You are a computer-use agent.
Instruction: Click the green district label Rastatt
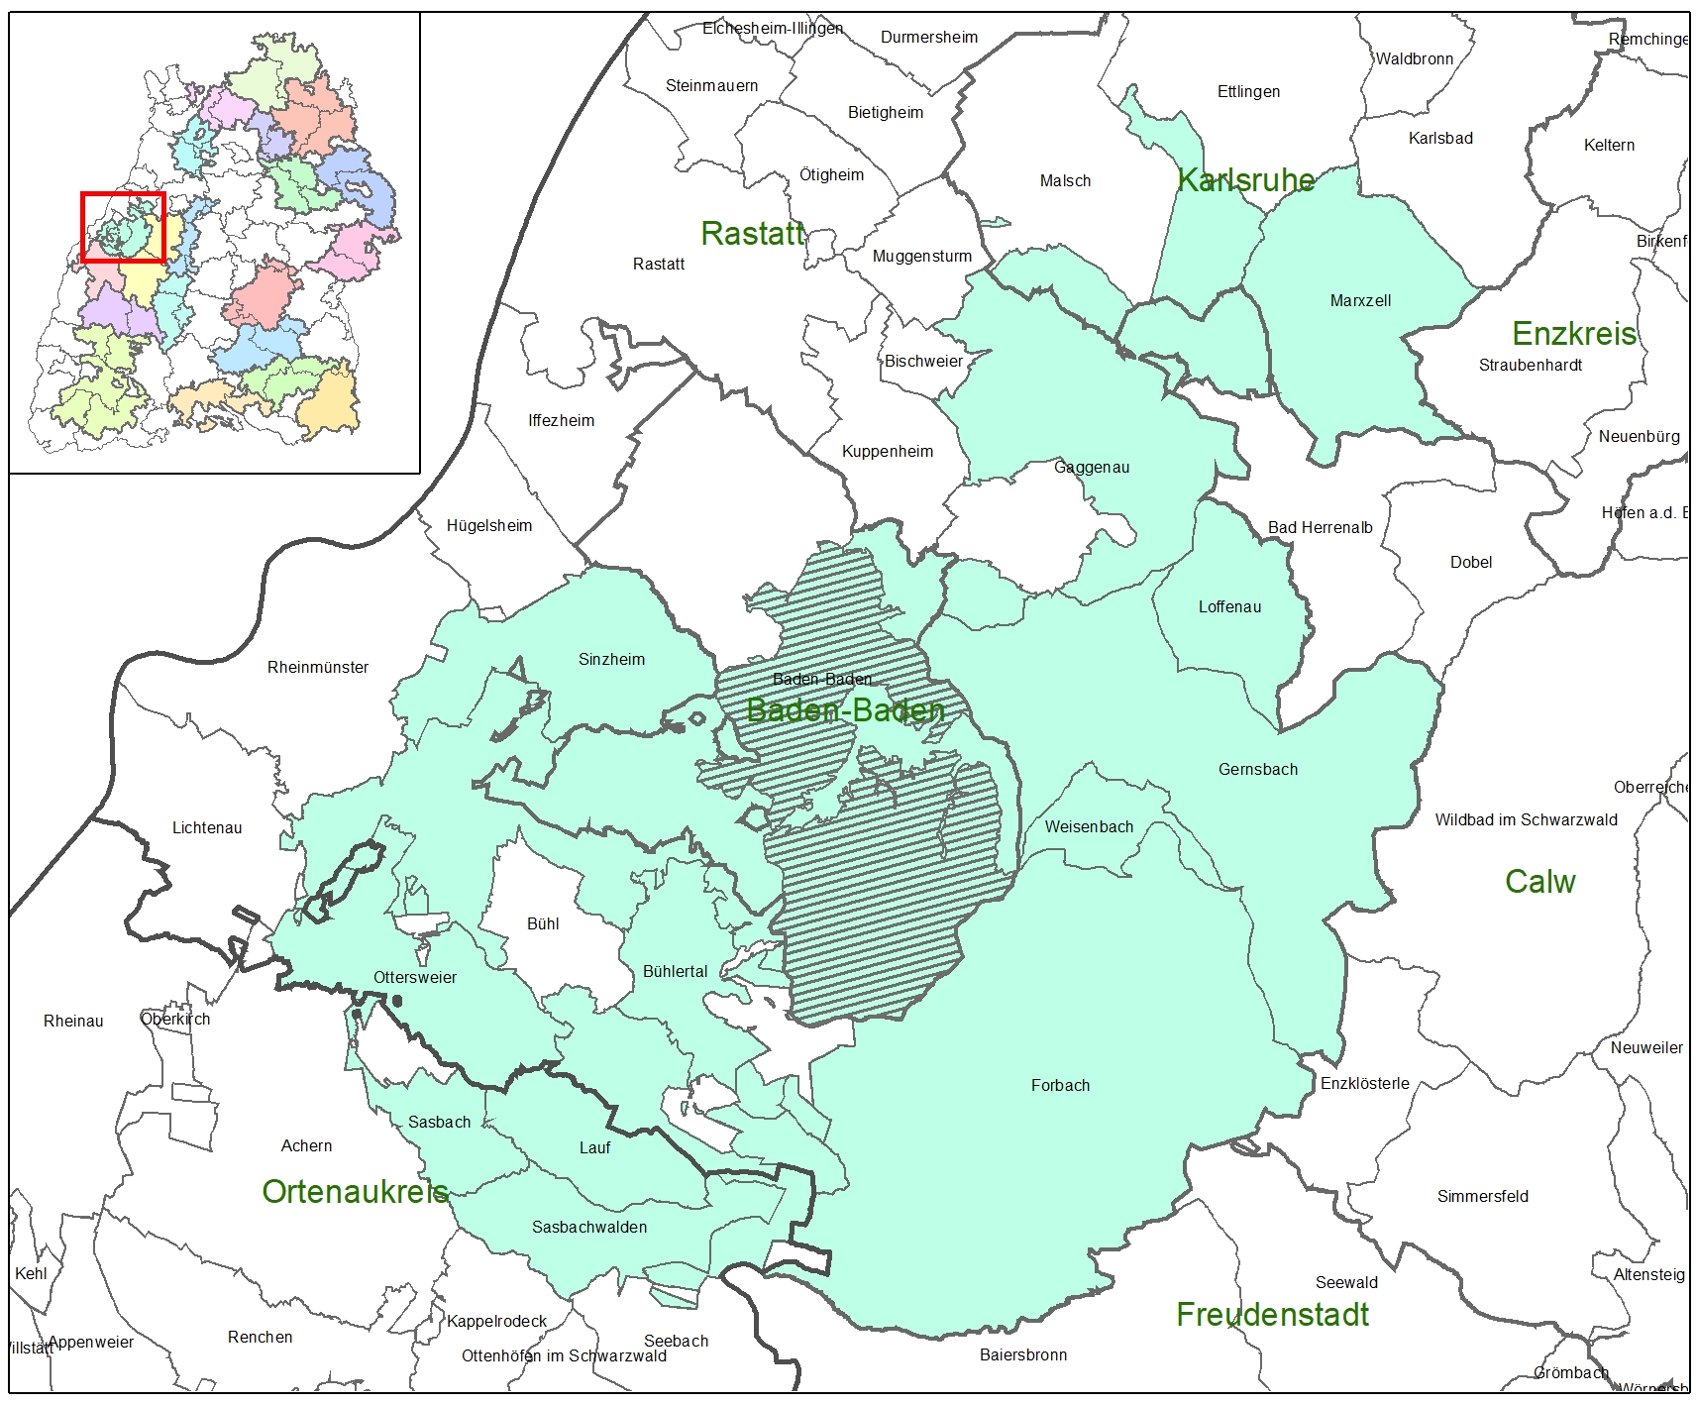pyautogui.click(x=752, y=234)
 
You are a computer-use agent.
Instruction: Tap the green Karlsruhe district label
pyautogui.click(x=1245, y=180)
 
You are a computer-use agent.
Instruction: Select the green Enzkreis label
pyautogui.click(x=1573, y=333)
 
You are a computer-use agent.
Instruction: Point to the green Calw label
pyautogui.click(x=1539, y=882)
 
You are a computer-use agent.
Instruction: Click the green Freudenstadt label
pyautogui.click(x=1272, y=1315)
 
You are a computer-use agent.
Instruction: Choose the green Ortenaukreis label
pyautogui.click(x=355, y=1191)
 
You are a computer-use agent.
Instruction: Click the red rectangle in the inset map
pyautogui.click(x=122, y=228)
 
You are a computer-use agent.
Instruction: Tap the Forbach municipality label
pyautogui.click(x=1060, y=1086)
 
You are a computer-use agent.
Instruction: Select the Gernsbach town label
pyautogui.click(x=1257, y=770)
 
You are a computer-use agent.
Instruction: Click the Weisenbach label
pyautogui.click(x=1089, y=827)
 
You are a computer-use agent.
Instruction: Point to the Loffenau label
pyautogui.click(x=1229, y=607)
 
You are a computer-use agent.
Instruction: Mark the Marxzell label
pyautogui.click(x=1360, y=301)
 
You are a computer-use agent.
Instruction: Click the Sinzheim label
pyautogui.click(x=611, y=660)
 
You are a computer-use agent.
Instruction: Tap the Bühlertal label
pyautogui.click(x=675, y=972)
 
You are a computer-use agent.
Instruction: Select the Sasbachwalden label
pyautogui.click(x=589, y=1228)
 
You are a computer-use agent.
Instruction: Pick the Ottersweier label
pyautogui.click(x=415, y=978)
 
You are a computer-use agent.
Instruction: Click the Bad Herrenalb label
pyautogui.click(x=1320, y=528)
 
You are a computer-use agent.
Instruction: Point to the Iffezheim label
pyautogui.click(x=561, y=421)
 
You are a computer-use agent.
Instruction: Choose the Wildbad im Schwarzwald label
pyautogui.click(x=1526, y=820)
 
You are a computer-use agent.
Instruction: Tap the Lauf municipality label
pyautogui.click(x=594, y=1148)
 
